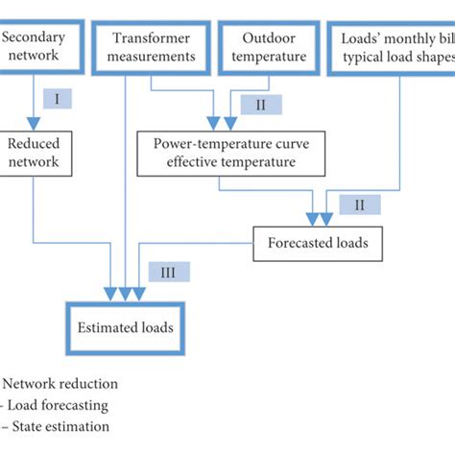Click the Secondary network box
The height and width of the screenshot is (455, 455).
click(35, 47)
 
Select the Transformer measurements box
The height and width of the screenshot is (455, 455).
click(152, 47)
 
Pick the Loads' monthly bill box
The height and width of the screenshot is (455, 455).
click(394, 47)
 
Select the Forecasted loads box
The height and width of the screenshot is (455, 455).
click(311, 243)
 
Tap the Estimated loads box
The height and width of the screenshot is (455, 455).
click(128, 327)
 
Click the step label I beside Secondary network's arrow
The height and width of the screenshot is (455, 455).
click(58, 99)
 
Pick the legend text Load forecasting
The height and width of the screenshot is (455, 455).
click(56, 405)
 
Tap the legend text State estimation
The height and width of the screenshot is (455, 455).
click(58, 426)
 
